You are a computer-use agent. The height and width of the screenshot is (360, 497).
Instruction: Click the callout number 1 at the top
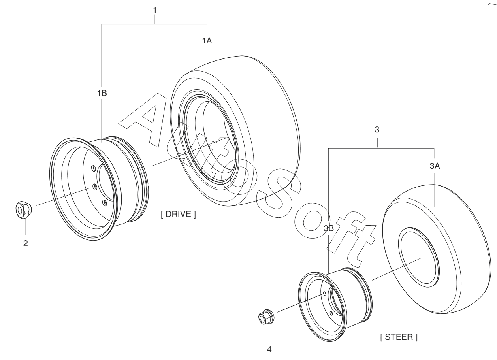click(x=155, y=10)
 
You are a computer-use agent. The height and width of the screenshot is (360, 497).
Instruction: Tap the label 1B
click(x=102, y=93)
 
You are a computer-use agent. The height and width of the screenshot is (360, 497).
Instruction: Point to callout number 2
click(x=25, y=243)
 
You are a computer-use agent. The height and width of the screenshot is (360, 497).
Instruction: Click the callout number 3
click(x=377, y=130)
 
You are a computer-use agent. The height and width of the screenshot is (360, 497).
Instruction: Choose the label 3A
click(x=435, y=166)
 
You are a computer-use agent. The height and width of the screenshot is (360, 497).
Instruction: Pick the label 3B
click(x=329, y=228)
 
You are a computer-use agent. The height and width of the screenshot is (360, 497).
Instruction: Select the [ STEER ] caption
click(x=398, y=337)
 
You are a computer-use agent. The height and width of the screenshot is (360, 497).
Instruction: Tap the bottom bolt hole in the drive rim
click(x=104, y=202)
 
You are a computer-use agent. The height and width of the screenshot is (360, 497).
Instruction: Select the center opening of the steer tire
click(x=419, y=259)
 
